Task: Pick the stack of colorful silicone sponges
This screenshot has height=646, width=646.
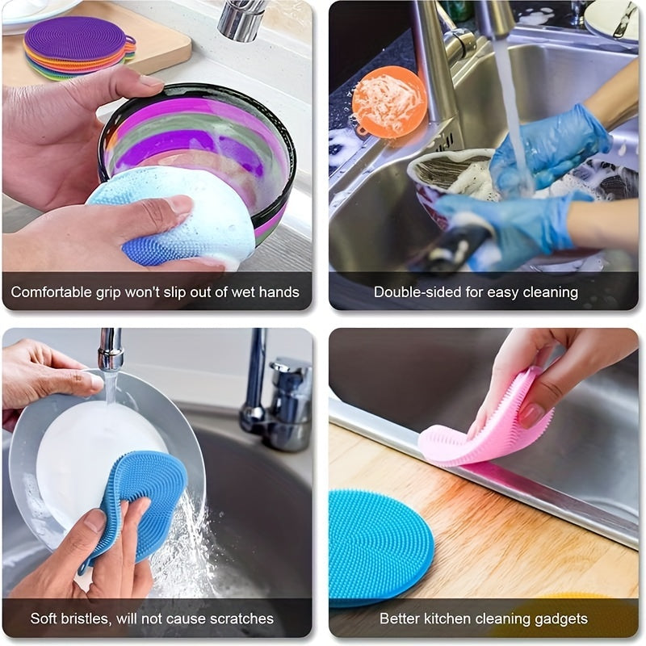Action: tap(78, 48)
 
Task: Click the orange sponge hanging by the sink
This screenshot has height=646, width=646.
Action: tap(389, 100)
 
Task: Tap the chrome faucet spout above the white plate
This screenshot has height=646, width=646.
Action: tap(111, 350)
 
